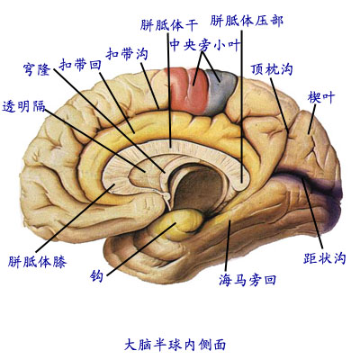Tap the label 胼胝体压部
241,19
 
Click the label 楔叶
321,96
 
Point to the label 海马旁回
247,280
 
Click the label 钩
97,274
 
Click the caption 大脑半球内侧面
180,344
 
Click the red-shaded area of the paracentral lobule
181,85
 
